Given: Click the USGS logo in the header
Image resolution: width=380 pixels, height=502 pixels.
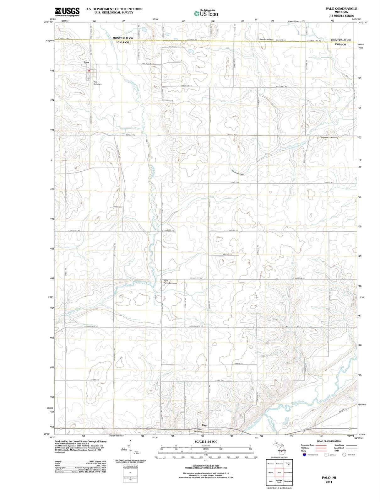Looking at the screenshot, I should coord(67,12).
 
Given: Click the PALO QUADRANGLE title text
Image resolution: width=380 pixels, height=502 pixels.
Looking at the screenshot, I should coord(341,8).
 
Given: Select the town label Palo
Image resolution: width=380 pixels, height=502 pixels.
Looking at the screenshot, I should coord(86,62).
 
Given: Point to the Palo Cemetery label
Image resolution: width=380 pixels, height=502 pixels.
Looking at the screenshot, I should coord(97,83).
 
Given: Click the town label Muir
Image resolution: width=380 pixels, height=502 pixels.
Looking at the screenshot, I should coord(205,425).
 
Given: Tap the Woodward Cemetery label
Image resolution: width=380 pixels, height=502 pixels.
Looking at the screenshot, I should coord(329,137).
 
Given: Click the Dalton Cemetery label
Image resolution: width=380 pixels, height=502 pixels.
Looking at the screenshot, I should coord(266,40).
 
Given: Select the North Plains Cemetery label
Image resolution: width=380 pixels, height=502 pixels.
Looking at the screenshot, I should coord(170,282).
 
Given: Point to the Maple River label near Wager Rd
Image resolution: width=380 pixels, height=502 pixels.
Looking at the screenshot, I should coord(297,402).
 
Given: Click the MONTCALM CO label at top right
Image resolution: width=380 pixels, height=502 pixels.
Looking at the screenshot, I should coord(341,40).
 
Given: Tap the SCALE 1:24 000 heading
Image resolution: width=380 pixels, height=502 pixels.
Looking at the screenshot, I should coord(206,441).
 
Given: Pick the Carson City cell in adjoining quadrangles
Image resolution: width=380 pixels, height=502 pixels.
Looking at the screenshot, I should coord(288,463).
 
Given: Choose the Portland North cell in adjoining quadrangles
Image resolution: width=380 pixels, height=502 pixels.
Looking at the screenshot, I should coord(279,481).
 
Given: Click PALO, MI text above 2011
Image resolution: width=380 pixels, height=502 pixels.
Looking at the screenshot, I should coord(329,477).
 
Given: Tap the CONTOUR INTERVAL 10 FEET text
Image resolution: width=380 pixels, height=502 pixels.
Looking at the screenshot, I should coord(206,466).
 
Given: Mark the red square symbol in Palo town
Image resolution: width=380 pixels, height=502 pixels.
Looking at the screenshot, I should coord(89,71).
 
